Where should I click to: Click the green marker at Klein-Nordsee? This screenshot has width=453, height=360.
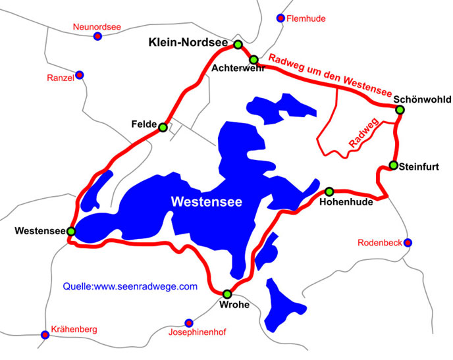click(x=238, y=45)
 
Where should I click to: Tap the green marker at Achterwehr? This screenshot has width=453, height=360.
click(x=253, y=60)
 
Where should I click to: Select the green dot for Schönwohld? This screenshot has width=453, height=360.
click(x=399, y=109)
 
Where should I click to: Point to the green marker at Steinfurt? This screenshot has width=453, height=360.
click(x=393, y=165)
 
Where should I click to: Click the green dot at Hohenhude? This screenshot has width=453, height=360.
click(x=329, y=192)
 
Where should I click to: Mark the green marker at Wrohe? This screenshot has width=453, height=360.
click(x=227, y=294)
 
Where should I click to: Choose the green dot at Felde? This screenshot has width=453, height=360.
click(x=163, y=127)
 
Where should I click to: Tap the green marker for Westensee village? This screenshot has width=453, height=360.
click(x=71, y=232)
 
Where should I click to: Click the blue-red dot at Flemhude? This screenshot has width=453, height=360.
click(x=281, y=18)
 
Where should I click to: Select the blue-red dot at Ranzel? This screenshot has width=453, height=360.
click(x=80, y=75)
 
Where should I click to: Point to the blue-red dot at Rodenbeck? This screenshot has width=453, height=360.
click(x=408, y=243)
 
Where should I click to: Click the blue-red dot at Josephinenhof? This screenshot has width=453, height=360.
click(x=189, y=322)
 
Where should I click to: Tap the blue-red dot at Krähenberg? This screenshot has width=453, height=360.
click(x=45, y=334)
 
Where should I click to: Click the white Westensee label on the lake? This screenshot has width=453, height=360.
click(x=206, y=202)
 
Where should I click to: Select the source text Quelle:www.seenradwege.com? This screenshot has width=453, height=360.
click(x=130, y=286)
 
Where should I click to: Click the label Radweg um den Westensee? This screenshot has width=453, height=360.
click(x=329, y=74)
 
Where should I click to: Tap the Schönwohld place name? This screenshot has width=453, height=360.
click(x=422, y=99)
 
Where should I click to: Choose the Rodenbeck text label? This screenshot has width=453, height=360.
click(x=380, y=243)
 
